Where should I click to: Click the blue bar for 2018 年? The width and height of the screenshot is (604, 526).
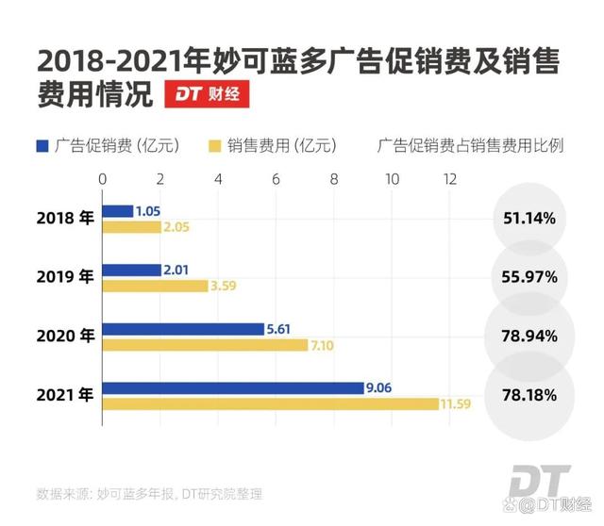tap(117, 211)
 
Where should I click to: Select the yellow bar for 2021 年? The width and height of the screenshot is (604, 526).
tap(270, 403)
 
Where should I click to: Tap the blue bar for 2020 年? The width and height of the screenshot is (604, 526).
tap(183, 329)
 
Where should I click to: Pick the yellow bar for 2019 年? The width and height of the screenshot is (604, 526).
tap(154, 286)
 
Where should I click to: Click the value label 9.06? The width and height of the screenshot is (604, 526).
tap(381, 387)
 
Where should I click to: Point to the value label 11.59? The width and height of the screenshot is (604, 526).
tap(455, 404)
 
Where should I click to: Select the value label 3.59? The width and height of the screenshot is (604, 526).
tap(224, 286)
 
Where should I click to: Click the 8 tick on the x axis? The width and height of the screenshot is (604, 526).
tap(334, 178)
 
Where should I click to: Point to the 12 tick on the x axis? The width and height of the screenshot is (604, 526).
tap(449, 178)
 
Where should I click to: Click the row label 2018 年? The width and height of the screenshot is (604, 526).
tap(65, 219)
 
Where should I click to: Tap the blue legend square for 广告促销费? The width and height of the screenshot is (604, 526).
tap(42, 145)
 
